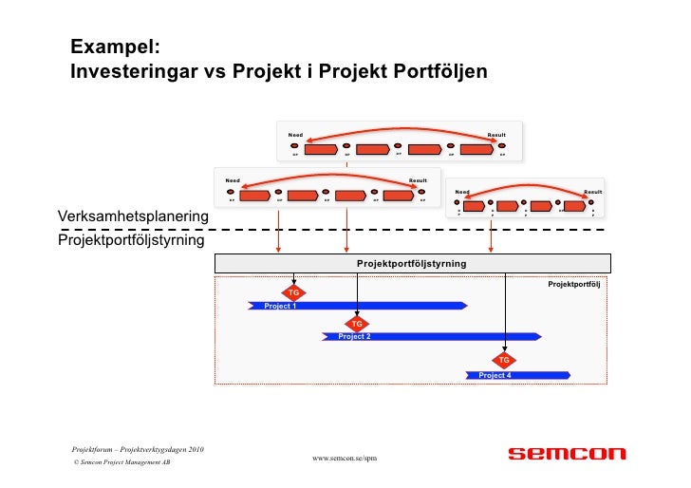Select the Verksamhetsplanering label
132,217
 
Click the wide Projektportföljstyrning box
412,263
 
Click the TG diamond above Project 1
294,292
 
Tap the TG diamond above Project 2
357,324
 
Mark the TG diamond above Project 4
504,360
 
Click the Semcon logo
567,454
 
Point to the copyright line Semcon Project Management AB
121,462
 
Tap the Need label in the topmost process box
296,135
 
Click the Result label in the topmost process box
496,135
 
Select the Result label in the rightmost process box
593,192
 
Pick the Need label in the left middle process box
232,179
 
